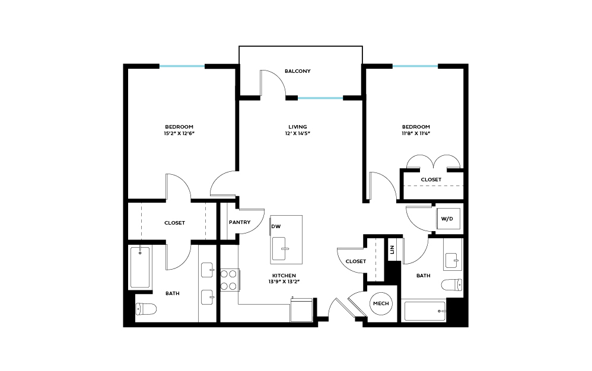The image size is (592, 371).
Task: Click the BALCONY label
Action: pos(297,71)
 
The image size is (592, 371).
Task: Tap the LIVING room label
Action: pos(297,127)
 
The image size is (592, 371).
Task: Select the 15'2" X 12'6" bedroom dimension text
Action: pos(179,134)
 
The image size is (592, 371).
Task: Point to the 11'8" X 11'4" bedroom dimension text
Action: pos(416,134)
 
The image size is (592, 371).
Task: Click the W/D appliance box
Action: pos(447,219)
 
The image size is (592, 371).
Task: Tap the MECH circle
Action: pos(380,304)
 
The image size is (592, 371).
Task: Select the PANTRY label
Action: pos(239,223)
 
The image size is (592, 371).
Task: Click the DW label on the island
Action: pos(276,226)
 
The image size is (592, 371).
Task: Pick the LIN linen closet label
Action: pos(392,250)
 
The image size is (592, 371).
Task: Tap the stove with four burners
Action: pos(229,280)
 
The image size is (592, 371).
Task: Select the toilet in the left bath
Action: pos(145,309)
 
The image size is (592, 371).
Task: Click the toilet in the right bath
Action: pos(451,285)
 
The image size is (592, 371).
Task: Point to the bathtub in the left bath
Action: pos(140,267)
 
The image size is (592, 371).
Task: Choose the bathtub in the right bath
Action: pos(424,311)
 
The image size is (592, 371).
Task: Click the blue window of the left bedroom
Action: pos(182,66)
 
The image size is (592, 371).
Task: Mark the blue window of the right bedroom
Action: pos(415,66)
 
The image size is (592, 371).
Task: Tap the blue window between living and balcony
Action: pos(320,98)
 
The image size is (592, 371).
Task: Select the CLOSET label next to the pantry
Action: pos(174,223)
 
